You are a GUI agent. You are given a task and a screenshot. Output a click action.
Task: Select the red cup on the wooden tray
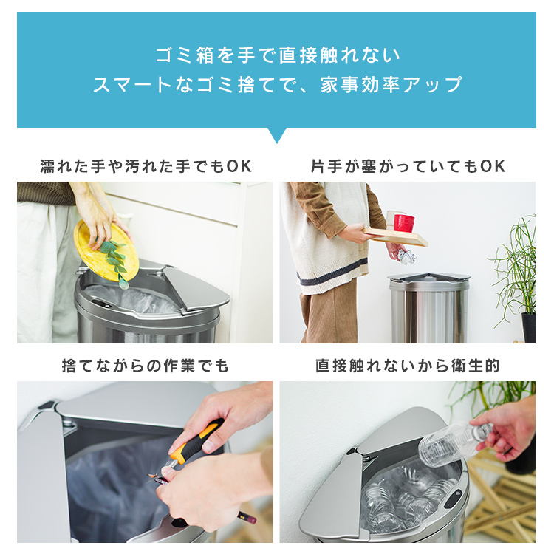404,223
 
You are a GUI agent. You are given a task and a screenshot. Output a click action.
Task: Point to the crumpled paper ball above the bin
407,256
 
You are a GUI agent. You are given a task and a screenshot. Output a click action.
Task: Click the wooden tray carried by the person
396,236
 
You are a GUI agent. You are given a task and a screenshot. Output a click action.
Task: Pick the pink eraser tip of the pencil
251,520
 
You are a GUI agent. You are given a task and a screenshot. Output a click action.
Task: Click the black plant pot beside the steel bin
528,327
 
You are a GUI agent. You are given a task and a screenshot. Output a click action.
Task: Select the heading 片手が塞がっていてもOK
408,166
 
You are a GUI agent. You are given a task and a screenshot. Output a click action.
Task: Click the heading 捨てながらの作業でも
146,366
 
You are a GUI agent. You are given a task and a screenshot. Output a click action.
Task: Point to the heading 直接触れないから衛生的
407,366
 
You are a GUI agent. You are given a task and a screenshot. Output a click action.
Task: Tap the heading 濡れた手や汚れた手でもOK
146,166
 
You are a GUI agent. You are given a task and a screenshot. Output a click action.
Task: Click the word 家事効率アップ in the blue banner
391,85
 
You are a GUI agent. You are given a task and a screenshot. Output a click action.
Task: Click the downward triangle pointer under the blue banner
277,134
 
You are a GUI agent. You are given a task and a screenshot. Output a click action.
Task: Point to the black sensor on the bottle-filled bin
453,498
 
